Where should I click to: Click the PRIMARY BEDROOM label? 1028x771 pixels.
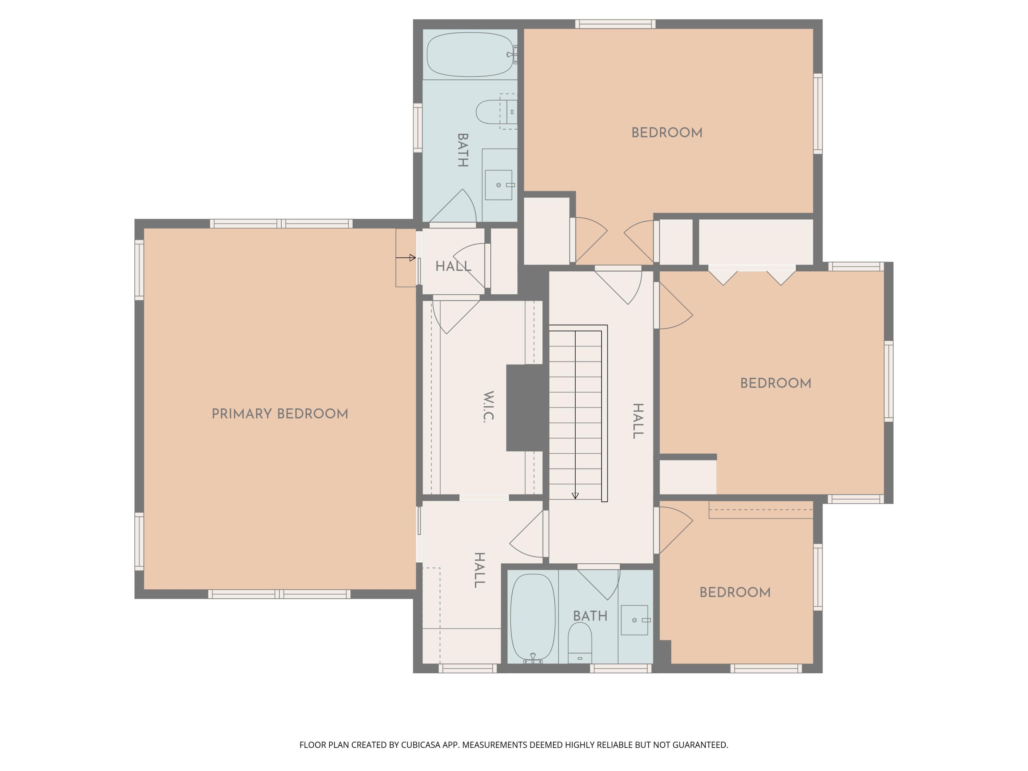pyautogui.click(x=280, y=414)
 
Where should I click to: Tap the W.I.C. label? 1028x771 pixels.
pyautogui.click(x=488, y=406)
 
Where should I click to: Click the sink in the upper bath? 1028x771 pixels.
pyautogui.click(x=498, y=185)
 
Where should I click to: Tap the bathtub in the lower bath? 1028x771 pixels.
pyautogui.click(x=533, y=617)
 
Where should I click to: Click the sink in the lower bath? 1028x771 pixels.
pyautogui.click(x=634, y=620)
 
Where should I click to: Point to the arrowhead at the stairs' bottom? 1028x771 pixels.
pyautogui.click(x=575, y=496)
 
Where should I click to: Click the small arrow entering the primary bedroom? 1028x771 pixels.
pyautogui.click(x=406, y=257)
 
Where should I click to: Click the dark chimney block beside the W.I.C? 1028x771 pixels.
pyautogui.click(x=525, y=407)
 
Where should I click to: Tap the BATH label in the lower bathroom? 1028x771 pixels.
pyautogui.click(x=590, y=616)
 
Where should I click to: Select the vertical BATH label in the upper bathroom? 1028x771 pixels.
pyautogui.click(x=462, y=150)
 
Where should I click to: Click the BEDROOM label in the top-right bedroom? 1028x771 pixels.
pyautogui.click(x=666, y=133)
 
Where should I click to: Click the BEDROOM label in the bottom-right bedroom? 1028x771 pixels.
pyautogui.click(x=735, y=592)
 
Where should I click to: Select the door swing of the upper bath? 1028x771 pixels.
pyautogui.click(x=458, y=207)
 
